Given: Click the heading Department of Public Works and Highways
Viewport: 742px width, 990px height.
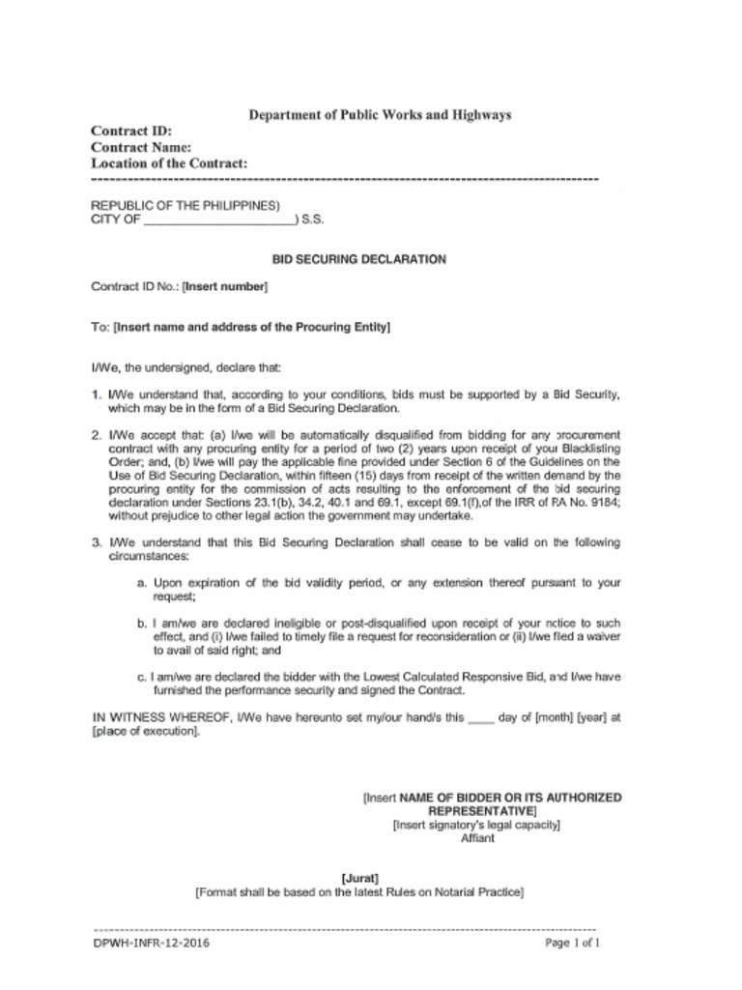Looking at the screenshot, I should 380,115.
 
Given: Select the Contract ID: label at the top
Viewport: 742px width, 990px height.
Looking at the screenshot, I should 130,131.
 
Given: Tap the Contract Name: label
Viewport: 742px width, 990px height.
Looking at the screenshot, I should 140,148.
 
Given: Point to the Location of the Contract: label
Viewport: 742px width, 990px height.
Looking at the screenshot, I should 169,164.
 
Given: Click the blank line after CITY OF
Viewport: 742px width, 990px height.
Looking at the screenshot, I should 220,220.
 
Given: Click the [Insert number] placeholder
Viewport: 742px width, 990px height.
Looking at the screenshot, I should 225,287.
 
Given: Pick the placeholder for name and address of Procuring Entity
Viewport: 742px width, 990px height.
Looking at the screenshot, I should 251,328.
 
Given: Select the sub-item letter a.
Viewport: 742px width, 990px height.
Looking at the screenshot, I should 142,584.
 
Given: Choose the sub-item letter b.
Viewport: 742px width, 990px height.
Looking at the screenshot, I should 142,625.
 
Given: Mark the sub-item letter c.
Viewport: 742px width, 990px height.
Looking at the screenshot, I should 142,678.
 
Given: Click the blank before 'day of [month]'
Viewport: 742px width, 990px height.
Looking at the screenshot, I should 481,718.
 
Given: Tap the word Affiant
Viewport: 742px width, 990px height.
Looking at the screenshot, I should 477,838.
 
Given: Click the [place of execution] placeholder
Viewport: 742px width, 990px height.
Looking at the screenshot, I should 146,732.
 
